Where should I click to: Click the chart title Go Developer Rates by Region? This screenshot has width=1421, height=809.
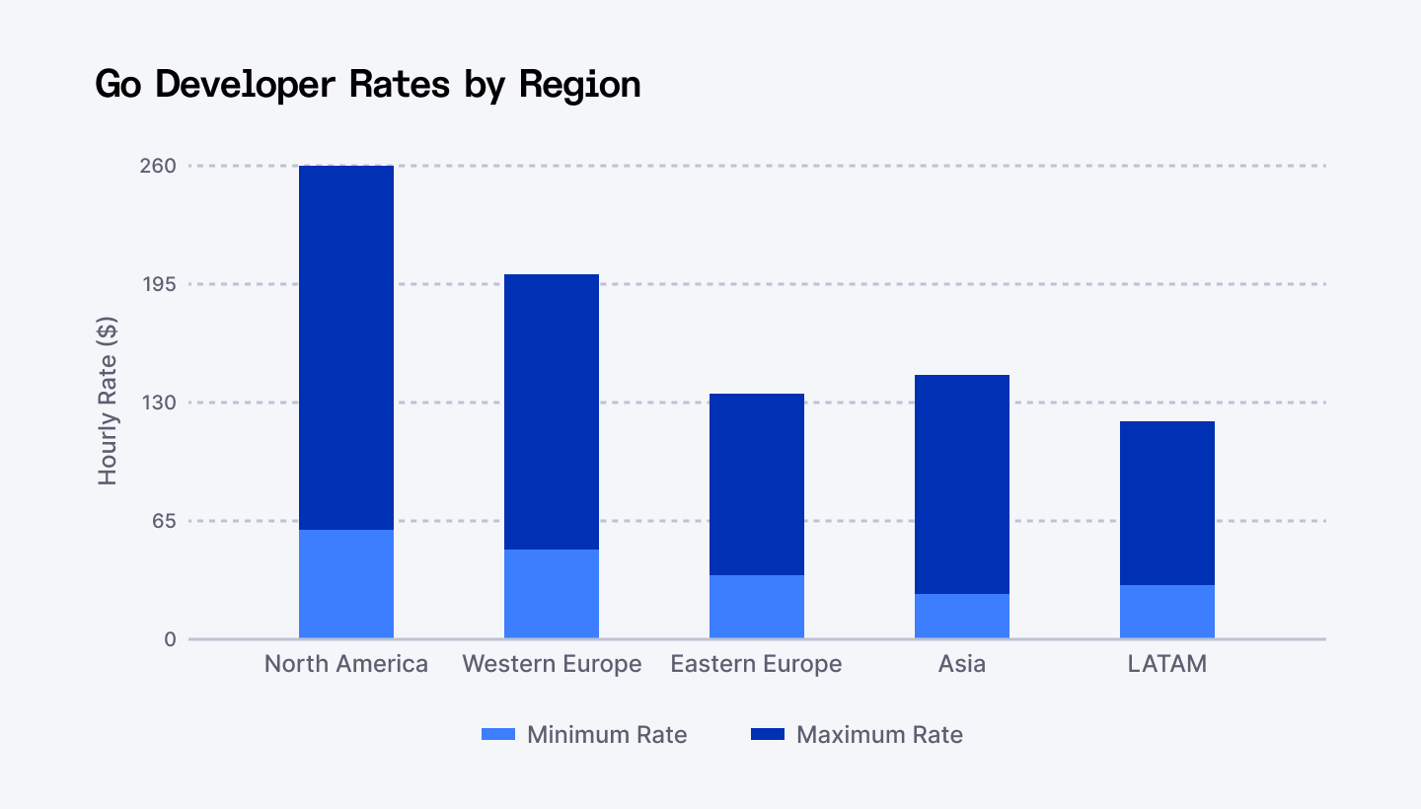click(368, 84)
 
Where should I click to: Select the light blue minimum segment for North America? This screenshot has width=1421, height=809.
click(346, 584)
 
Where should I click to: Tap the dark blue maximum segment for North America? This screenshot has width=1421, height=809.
click(346, 347)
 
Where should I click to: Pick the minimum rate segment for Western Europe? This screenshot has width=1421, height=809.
click(552, 594)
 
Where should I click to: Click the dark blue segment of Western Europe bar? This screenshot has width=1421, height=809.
click(552, 411)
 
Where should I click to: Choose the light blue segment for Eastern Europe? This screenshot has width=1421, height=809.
click(757, 607)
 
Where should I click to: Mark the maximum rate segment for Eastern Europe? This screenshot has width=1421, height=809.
click(757, 484)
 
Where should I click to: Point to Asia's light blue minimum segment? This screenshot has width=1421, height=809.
click(962, 616)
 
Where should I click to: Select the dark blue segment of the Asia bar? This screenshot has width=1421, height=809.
click(962, 484)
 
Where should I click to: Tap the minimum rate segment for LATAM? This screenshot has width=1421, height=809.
click(1167, 612)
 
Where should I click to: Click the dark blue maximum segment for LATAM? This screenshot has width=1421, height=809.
click(1167, 503)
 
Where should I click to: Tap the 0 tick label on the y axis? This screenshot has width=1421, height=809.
click(170, 639)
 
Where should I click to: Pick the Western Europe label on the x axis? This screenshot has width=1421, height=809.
click(552, 664)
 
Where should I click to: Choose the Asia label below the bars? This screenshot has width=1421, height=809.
click(962, 664)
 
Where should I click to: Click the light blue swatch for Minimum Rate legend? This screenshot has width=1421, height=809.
click(498, 735)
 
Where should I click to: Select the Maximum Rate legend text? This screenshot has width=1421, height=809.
click(879, 735)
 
